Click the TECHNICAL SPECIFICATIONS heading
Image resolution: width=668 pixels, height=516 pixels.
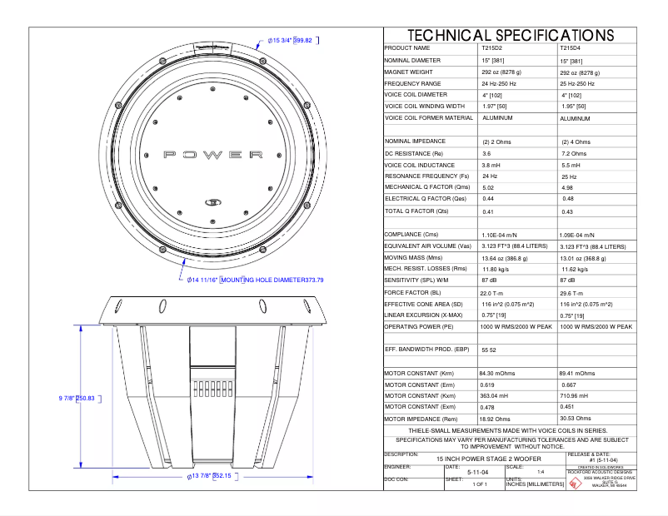tap(510, 35)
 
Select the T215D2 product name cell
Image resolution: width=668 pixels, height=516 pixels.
tap(492, 49)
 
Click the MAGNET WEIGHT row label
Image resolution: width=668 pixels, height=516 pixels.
tap(408, 72)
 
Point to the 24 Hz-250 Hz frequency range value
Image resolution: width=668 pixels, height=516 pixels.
tap(499, 84)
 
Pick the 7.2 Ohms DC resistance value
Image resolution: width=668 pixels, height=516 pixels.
tap(574, 154)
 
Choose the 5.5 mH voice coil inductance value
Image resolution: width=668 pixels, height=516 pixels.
tap(572, 166)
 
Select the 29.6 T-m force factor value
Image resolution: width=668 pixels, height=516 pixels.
tap(573, 293)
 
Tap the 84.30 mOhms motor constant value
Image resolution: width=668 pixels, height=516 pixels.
tap(499, 373)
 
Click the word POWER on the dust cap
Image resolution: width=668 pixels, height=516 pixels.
tap(212, 155)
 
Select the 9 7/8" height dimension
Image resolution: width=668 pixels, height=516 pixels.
tap(74, 399)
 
